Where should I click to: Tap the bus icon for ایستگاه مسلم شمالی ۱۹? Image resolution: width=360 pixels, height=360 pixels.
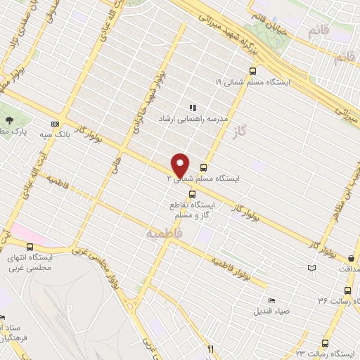[x=253, y=70]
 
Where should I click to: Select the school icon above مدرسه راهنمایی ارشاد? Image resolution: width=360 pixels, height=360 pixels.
[x=193, y=108]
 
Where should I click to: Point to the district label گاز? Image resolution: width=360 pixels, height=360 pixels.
[x=245, y=131]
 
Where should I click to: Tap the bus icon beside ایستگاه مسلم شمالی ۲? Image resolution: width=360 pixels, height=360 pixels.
[x=204, y=167]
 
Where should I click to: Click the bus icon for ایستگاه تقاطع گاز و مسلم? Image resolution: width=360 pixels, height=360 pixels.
[x=190, y=193]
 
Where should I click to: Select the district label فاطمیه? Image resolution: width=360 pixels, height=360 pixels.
[x=164, y=231]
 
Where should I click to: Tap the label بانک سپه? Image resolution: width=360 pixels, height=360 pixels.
[x=70, y=134]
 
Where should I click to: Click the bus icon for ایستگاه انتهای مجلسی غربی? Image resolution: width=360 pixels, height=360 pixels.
[x=30, y=247]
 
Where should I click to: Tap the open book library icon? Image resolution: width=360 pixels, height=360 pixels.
[x=311, y=267]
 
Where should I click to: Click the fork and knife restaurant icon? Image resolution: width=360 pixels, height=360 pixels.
[x=209, y=348]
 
